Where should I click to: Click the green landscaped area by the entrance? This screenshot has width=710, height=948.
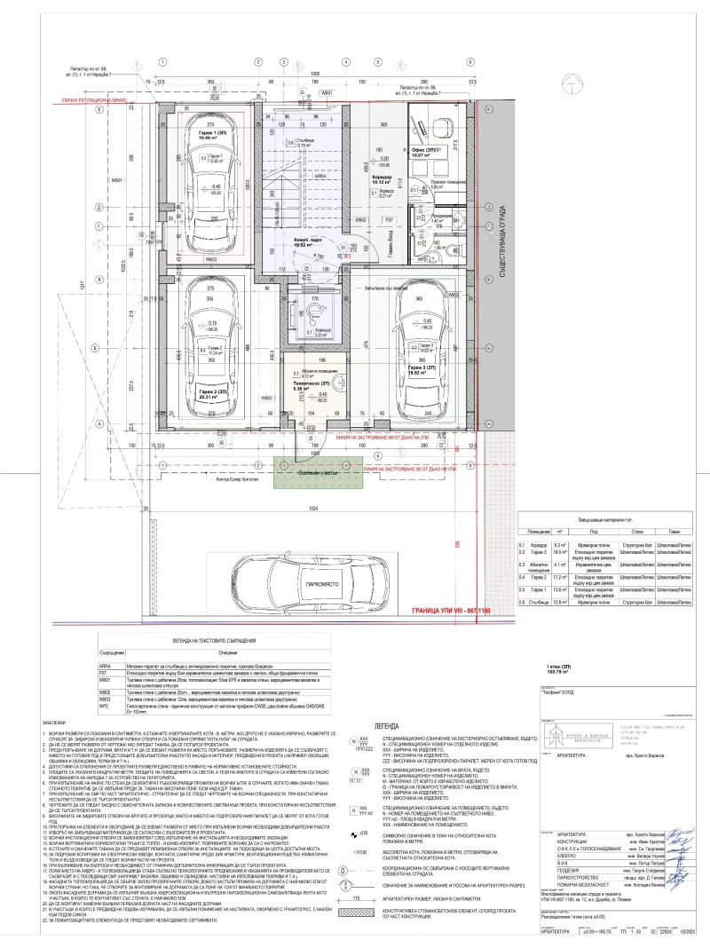pyautogui.click(x=305, y=473)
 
